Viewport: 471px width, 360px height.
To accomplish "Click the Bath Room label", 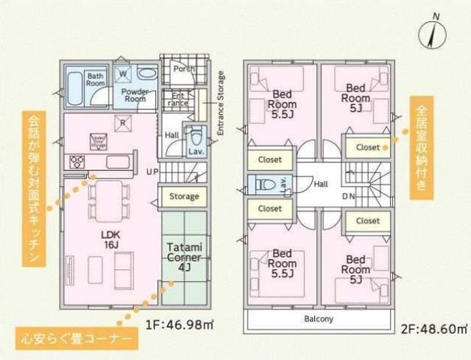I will (95, 79).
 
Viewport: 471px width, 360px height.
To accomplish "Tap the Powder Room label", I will (135, 94).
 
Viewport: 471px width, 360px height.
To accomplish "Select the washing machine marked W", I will (124, 73).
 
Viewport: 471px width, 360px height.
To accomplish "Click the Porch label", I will (184, 69).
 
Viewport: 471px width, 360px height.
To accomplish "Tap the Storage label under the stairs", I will (184, 196).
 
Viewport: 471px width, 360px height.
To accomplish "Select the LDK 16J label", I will (109, 238).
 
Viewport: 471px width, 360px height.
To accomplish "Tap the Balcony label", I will (319, 319).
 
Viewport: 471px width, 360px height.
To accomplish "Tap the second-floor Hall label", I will (321, 184).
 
